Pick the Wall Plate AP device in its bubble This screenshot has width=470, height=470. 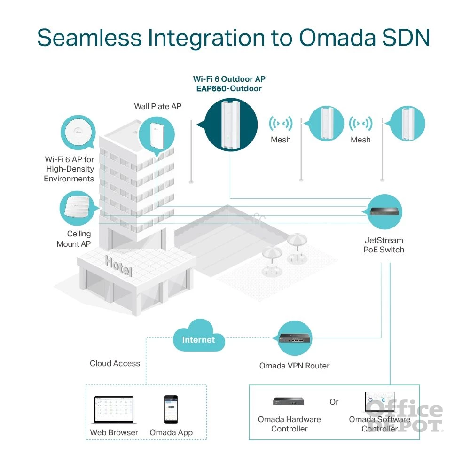pyautogui.click(x=156, y=133)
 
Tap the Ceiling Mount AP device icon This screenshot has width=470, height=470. pyautogui.click(x=78, y=208)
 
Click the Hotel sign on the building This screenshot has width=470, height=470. pyautogui.click(x=118, y=266)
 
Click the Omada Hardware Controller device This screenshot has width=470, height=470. pyautogui.click(x=289, y=401)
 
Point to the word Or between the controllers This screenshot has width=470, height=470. pyautogui.click(x=334, y=402)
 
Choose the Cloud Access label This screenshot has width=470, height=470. pyautogui.click(x=115, y=363)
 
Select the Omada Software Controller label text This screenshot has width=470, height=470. pyautogui.click(x=380, y=424)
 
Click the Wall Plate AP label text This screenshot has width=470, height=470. pyautogui.click(x=157, y=106)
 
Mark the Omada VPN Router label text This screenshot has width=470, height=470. pyautogui.click(x=295, y=366)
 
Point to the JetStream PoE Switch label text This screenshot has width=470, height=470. pyautogui.click(x=384, y=245)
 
